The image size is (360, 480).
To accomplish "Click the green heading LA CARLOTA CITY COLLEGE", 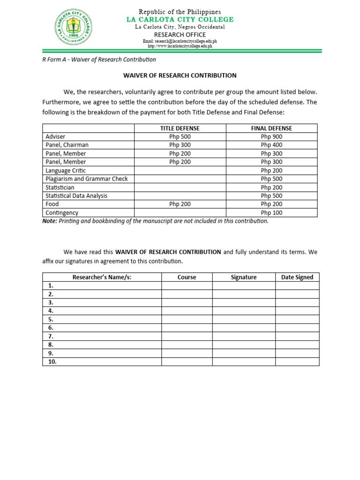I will click(180, 19).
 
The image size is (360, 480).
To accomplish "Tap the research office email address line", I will click(180, 41).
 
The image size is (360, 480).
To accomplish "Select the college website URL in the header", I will click(180, 46).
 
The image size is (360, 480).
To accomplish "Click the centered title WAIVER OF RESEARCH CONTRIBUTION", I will click(180, 75).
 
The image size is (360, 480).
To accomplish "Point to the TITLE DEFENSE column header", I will click(180, 128).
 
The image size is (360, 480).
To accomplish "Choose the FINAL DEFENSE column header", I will click(271, 128).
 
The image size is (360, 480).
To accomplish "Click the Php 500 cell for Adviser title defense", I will click(180, 136).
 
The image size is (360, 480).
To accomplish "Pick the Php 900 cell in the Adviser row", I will click(271, 136).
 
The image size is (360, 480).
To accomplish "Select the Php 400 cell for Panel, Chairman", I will click(271, 145).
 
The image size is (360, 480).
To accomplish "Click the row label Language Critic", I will click(66, 171).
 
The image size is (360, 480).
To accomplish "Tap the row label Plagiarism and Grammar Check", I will click(86, 179).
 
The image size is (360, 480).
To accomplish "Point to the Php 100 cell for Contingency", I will click(271, 213).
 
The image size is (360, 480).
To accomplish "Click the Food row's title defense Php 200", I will click(180, 204).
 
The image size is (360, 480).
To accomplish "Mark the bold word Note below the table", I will click(50, 221).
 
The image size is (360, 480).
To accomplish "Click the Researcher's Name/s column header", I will click(102, 277).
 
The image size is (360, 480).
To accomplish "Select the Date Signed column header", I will click(297, 277).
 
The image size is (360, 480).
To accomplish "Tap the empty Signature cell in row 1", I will click(243, 285).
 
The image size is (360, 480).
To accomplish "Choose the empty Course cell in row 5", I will click(187, 319).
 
